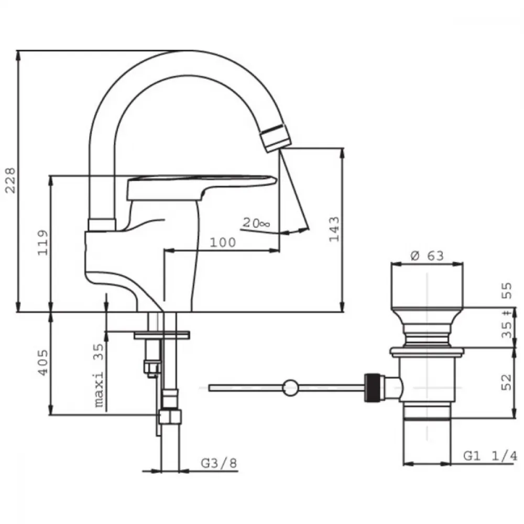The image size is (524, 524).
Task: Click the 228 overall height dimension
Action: [x=10, y=180]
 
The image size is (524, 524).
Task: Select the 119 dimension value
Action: [x=43, y=243]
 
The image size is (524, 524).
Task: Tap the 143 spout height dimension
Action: [x=334, y=229]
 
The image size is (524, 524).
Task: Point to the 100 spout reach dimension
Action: [x=223, y=242]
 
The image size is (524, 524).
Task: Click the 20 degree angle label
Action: [x=256, y=223]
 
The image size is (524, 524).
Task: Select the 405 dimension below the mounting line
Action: [x=42, y=363]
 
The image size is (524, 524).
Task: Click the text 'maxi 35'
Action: [x=99, y=376]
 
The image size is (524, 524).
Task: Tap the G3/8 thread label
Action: [x=219, y=463]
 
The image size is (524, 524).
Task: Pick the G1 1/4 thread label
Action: [x=490, y=456]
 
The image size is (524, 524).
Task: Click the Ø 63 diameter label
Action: [x=427, y=256]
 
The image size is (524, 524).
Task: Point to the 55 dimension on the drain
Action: [x=507, y=291]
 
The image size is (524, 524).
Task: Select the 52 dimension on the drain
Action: [x=507, y=383]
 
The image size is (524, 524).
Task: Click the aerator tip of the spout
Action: [x=275, y=138]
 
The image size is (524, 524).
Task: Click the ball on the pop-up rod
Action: [x=290, y=388]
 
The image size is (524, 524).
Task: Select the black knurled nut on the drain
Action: [x=372, y=388]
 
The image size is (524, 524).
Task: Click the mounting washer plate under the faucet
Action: [x=162, y=335]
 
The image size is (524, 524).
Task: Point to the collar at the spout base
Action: [x=102, y=225]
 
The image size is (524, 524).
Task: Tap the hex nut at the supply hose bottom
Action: [x=170, y=417]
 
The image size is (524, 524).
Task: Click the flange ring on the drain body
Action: [x=427, y=351]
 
